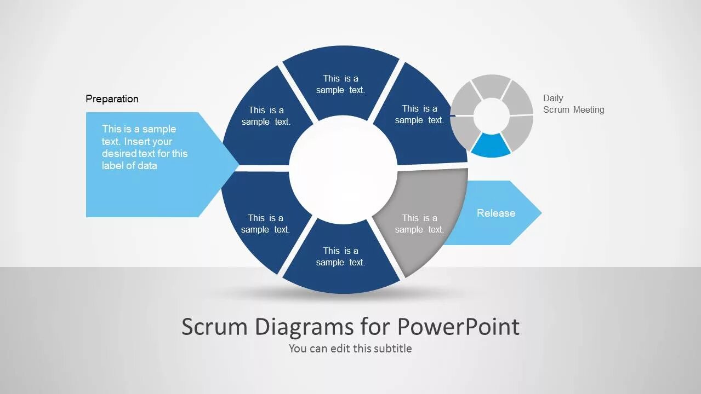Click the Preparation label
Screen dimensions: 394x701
click(112, 99)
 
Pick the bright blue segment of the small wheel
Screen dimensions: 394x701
click(491, 145)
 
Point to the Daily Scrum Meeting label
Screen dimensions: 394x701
click(573, 104)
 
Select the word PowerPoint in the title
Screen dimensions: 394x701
click(458, 327)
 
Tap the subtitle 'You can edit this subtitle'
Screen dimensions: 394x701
click(350, 348)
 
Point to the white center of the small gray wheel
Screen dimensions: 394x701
click(491, 115)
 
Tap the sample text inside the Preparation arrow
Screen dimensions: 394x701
click(145, 147)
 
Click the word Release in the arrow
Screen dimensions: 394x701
click(496, 213)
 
